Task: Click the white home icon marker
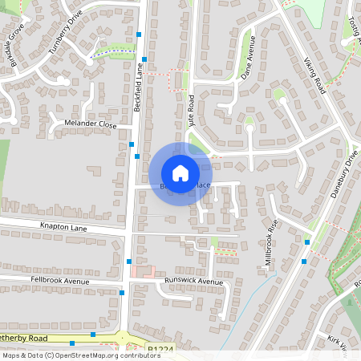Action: (x=180, y=173)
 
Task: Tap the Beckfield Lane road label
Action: (x=139, y=88)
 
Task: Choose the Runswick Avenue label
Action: (x=193, y=282)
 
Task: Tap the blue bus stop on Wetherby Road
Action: (x=93, y=334)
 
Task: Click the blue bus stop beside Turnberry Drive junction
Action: (x=140, y=34)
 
